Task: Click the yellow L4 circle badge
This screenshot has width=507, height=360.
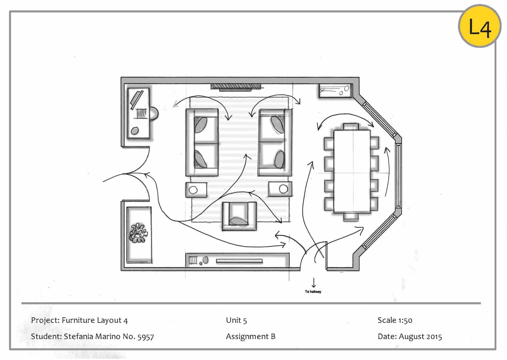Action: (x=480, y=26)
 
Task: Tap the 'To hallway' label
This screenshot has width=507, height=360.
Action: (x=313, y=292)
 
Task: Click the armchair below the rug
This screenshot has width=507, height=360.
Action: (x=239, y=216)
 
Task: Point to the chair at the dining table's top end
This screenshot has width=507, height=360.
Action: (x=351, y=126)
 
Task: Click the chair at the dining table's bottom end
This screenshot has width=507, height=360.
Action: (x=351, y=217)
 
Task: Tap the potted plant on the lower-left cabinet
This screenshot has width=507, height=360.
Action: (x=138, y=233)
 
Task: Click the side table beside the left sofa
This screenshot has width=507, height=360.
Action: (x=196, y=190)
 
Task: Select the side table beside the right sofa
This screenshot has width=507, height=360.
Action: (x=280, y=189)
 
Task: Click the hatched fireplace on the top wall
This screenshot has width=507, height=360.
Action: (x=236, y=86)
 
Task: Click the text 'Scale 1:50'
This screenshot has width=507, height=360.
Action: (x=395, y=320)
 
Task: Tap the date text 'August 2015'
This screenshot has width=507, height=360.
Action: (x=420, y=337)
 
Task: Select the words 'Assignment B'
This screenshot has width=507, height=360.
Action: (x=251, y=337)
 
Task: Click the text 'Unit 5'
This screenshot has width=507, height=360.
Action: (x=236, y=320)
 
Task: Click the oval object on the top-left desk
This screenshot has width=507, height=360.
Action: (x=135, y=131)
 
